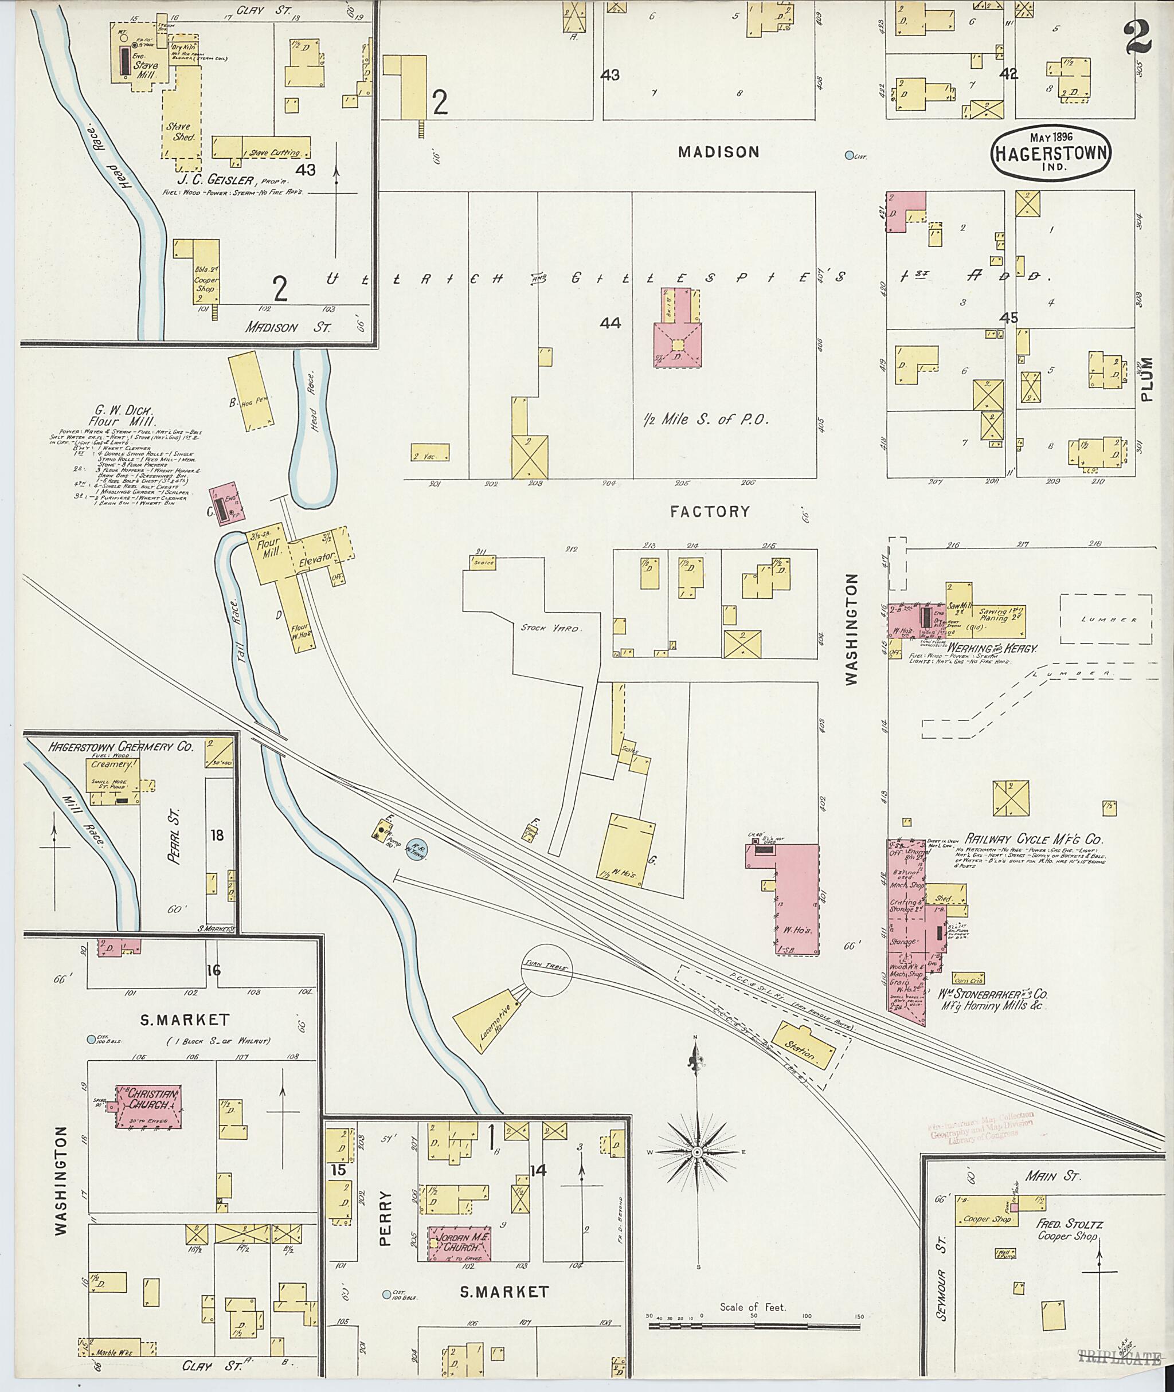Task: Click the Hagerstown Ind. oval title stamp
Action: coord(1051,152)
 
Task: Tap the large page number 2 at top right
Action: coord(1138,38)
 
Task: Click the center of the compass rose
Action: coord(698,1151)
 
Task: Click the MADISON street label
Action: coord(718,152)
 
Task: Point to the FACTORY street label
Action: coord(710,512)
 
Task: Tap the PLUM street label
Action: coord(1146,380)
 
